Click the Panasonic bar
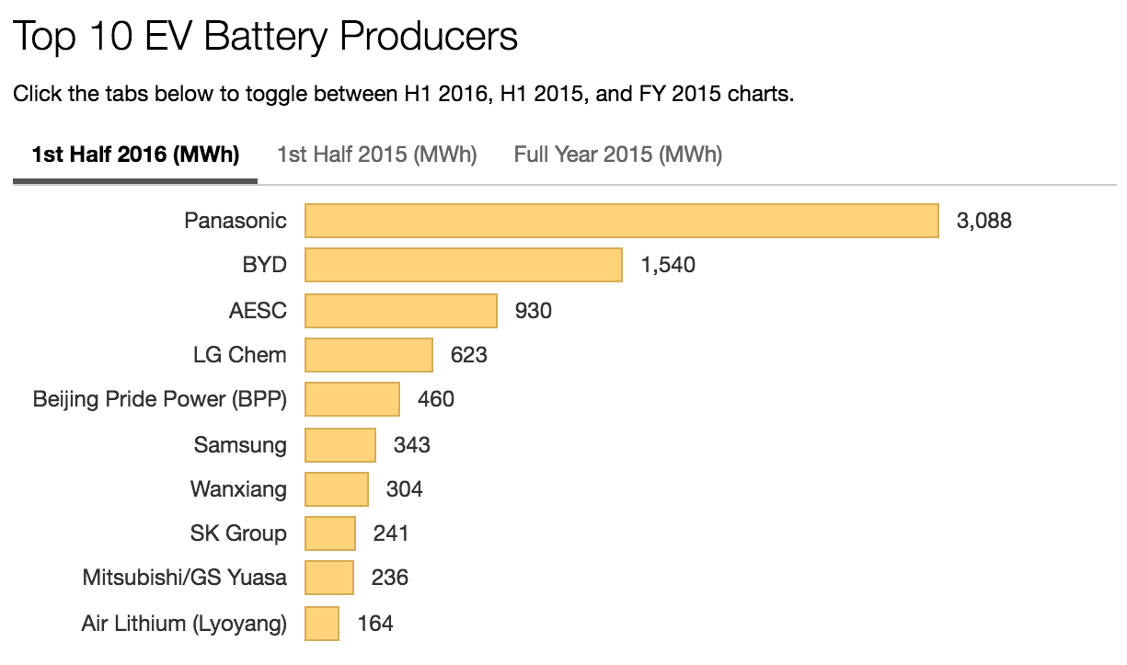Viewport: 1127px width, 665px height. pyautogui.click(x=621, y=221)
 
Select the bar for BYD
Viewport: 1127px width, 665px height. pyautogui.click(x=464, y=265)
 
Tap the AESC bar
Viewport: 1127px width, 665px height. pyautogui.click(x=401, y=310)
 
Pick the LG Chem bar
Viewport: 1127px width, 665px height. pyautogui.click(x=369, y=354)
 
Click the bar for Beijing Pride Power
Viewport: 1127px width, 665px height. pyautogui.click(x=352, y=399)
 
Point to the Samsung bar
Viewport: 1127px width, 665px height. pyautogui.click(x=340, y=444)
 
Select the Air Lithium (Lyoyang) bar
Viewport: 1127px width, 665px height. pyautogui.click(x=322, y=624)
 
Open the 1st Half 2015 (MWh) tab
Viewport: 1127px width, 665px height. pyautogui.click(x=377, y=154)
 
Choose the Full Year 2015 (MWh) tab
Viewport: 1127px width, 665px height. pyautogui.click(x=618, y=154)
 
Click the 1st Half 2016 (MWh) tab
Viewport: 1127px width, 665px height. pyautogui.click(x=135, y=154)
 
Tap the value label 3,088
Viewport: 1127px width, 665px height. pyautogui.click(x=983, y=221)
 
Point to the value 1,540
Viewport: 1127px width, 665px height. pyautogui.click(x=668, y=265)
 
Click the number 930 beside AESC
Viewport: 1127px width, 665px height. pyautogui.click(x=534, y=310)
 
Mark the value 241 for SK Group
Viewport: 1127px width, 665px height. pyautogui.click(x=391, y=533)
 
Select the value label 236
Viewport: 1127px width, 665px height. pyautogui.click(x=389, y=578)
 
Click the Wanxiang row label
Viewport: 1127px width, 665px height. pyautogui.click(x=238, y=488)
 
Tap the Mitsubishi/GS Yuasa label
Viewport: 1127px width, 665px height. pyautogui.click(x=185, y=578)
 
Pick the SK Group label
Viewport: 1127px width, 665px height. pyautogui.click(x=238, y=533)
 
